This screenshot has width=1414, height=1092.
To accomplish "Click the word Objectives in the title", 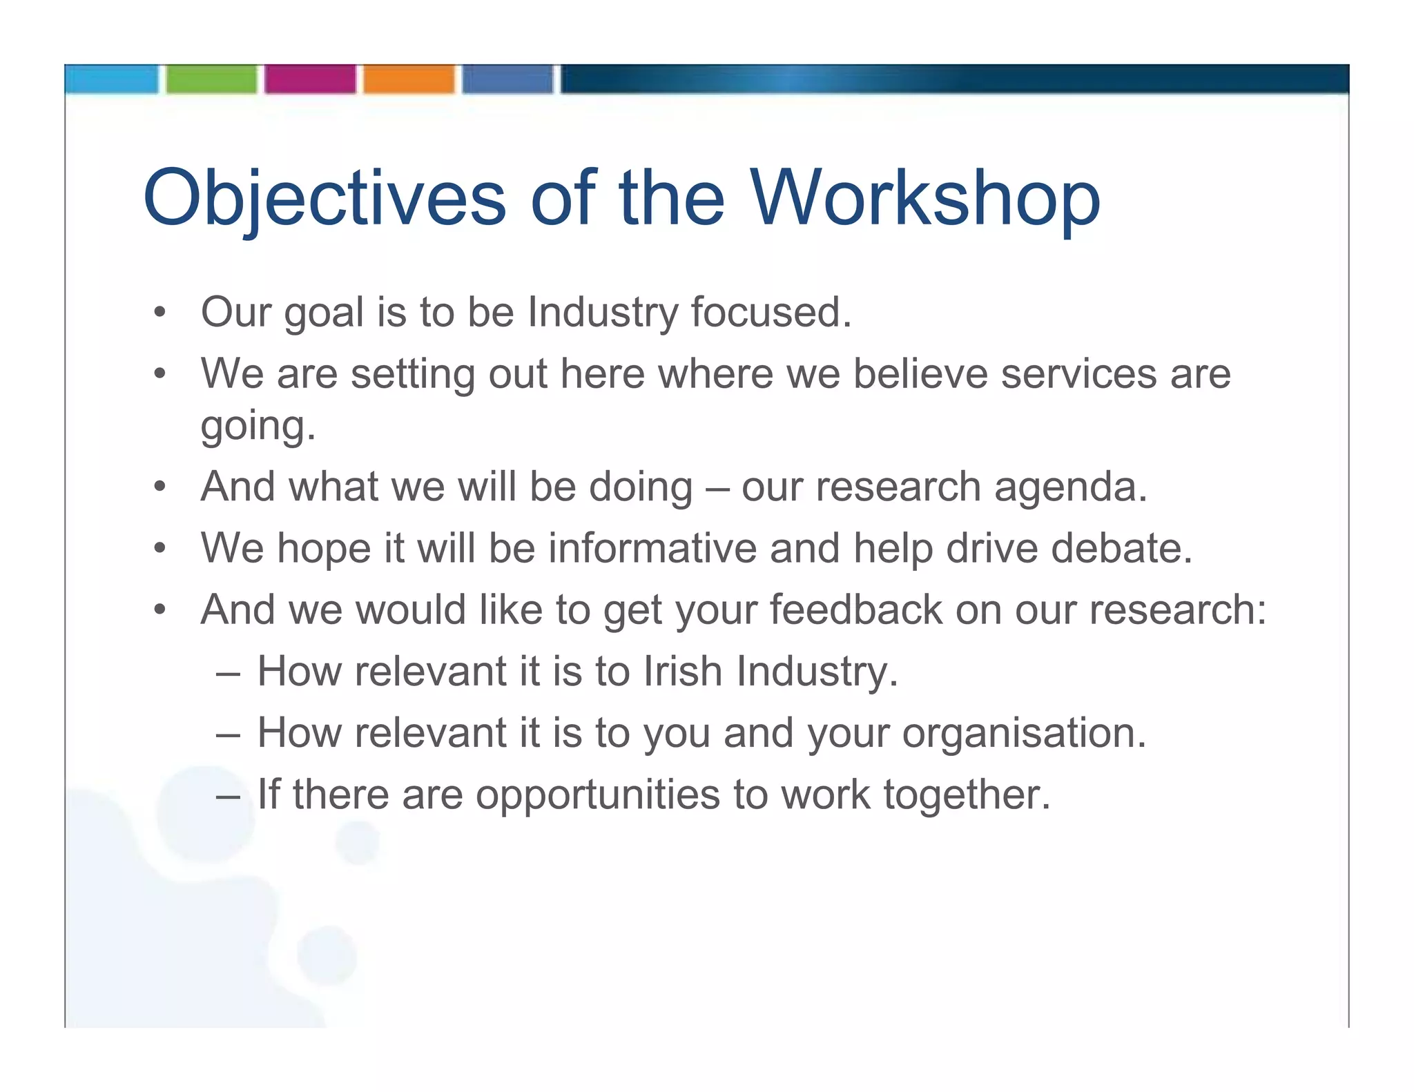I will [325, 199].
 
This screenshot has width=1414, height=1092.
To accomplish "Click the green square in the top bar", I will [211, 79].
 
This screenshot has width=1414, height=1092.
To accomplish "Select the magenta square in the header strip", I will [310, 79].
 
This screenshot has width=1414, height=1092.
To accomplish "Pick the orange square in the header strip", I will [409, 79].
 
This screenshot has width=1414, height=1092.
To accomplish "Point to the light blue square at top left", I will [112, 79].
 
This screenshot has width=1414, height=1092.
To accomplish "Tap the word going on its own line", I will [258, 426].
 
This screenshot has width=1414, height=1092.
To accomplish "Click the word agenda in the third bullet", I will [1070, 487].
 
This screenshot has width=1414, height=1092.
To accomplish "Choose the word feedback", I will [856, 610].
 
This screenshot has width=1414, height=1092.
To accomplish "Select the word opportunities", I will [597, 794].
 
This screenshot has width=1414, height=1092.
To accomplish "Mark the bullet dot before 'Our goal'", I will [160, 313].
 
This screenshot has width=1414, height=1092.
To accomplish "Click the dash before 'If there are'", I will [228, 795].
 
